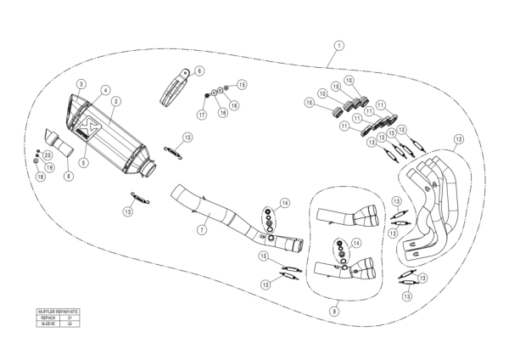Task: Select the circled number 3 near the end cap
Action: pos(80,83)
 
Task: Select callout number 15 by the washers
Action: pos(241,85)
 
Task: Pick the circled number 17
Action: pos(202,115)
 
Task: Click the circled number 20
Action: pos(48,156)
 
